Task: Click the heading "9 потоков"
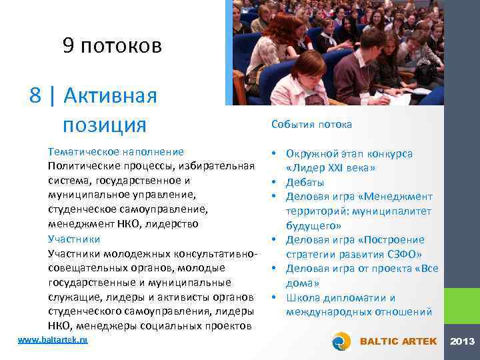tap(112, 45)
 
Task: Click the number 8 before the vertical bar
tap(36, 96)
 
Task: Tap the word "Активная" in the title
tap(111, 96)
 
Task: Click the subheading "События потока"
tap(311, 125)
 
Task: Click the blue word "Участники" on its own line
tap(74, 239)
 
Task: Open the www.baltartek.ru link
tap(53, 340)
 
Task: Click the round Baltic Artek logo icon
tap(342, 341)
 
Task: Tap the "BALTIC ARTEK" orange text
tap(398, 341)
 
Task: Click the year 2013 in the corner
tap(462, 341)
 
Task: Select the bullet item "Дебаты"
tap(305, 182)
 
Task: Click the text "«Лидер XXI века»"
tap(331, 168)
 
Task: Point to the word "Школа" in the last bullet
tap(302, 297)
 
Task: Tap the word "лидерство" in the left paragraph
tap(170, 224)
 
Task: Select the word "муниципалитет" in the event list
tap(393, 211)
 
